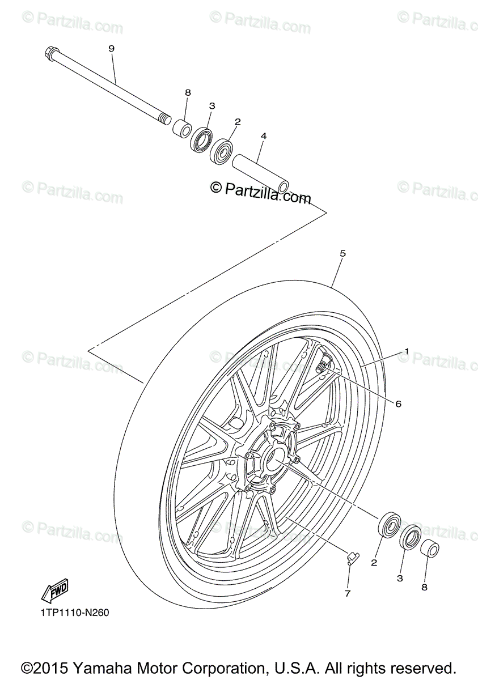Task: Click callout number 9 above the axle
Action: (x=111, y=49)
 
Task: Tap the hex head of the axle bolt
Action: (x=49, y=54)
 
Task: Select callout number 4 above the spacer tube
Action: (x=263, y=137)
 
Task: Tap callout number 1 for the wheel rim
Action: (x=406, y=351)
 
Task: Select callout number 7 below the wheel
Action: (x=348, y=593)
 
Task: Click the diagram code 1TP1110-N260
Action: (x=74, y=613)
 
